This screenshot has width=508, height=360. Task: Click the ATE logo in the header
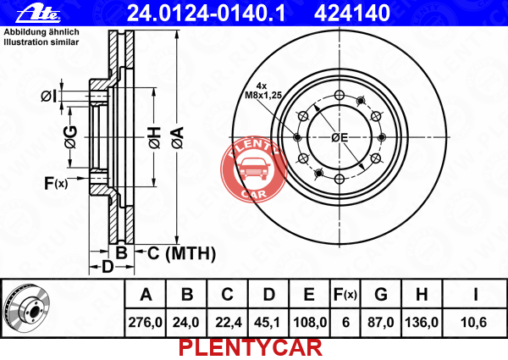click(x=38, y=14)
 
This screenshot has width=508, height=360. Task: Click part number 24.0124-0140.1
click(x=206, y=13)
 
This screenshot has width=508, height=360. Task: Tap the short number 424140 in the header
click(x=352, y=13)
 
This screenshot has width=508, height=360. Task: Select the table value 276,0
click(x=145, y=323)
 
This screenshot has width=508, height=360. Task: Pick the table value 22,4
click(x=229, y=323)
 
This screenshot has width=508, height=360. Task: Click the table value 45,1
click(x=268, y=323)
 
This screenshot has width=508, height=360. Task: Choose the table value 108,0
click(x=310, y=323)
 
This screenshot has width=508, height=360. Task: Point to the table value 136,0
click(x=422, y=323)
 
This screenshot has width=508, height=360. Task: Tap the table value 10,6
click(x=473, y=323)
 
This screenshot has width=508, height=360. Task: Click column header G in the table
click(x=381, y=295)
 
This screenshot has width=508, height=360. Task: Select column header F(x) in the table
click(x=345, y=295)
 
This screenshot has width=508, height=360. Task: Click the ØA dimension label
click(x=178, y=138)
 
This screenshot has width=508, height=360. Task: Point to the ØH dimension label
click(x=155, y=138)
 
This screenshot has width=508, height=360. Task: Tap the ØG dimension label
click(x=70, y=137)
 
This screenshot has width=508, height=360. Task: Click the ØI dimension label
click(x=49, y=97)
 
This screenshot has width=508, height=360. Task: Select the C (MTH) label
click(x=181, y=253)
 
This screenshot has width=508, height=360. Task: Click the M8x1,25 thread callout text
click(x=263, y=95)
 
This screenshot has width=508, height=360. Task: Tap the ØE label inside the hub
click(x=340, y=138)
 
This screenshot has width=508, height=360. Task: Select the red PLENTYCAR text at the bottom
click(x=251, y=348)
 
